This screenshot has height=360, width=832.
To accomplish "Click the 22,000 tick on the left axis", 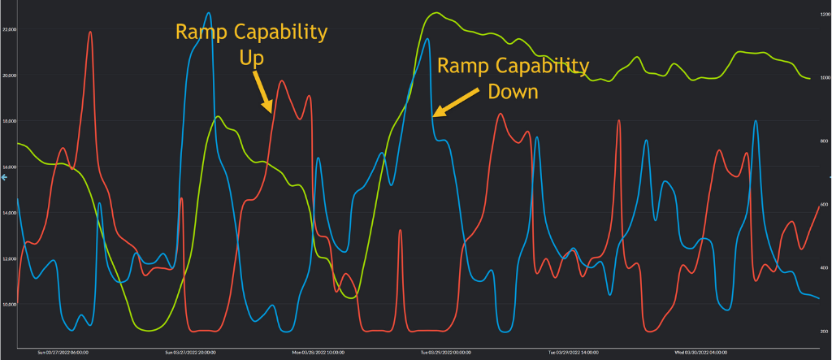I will (11, 29).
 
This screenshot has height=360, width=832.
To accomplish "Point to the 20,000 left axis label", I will (11, 76).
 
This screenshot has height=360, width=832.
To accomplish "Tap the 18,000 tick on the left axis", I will (11, 121).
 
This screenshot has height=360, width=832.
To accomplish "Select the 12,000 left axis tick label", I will (11, 258).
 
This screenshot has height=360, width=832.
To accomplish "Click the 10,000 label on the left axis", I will (11, 304).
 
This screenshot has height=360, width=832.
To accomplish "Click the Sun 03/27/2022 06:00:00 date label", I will (63, 353).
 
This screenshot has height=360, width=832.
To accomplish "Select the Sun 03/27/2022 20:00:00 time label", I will (192, 353).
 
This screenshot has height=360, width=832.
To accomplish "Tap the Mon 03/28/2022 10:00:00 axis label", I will (318, 353).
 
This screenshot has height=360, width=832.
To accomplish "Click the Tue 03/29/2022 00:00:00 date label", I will (446, 353).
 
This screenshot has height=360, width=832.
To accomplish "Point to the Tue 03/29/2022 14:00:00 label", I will (574, 353).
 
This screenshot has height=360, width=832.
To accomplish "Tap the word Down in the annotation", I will (513, 91).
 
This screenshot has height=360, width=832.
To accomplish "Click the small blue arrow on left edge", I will (4, 176).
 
